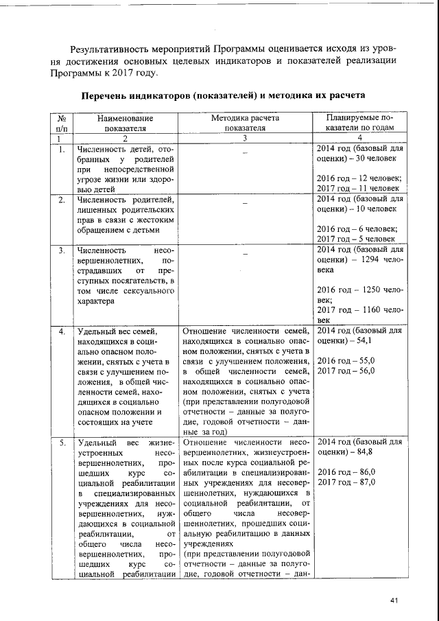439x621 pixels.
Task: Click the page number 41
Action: click(394, 601)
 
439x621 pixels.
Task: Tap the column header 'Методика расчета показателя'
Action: click(245, 122)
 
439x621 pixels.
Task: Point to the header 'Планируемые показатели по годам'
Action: click(359, 122)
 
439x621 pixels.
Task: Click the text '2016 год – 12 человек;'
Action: click(359, 178)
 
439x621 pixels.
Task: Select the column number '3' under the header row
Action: click(245, 138)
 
